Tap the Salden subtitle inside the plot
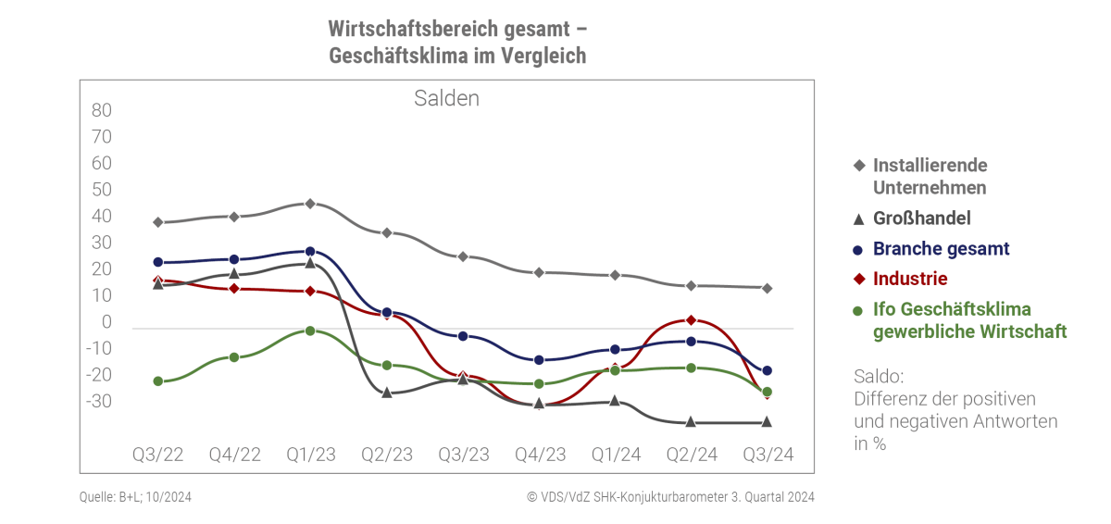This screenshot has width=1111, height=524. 446,98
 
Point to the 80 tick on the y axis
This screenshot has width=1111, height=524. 102,110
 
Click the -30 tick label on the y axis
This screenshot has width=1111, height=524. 99,401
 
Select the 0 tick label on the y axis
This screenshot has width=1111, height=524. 106,322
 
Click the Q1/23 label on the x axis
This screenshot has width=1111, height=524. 311,454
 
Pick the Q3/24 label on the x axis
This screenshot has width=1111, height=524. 768,454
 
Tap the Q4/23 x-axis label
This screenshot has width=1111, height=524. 540,454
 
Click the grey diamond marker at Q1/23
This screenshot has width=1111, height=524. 310,204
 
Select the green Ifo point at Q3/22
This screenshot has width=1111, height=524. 158,381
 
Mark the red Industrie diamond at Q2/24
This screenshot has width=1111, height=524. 691,320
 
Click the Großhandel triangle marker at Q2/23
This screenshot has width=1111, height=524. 387,393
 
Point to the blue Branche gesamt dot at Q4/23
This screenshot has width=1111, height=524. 539,360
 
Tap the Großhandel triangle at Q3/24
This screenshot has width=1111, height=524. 767,422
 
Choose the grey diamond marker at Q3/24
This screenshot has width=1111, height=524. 767,289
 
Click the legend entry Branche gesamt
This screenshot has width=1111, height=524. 941,249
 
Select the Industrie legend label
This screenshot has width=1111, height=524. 910,279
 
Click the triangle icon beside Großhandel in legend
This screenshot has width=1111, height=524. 858,219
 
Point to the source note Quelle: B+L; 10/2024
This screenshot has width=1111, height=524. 135,497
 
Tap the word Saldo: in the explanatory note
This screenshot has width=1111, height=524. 879,377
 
